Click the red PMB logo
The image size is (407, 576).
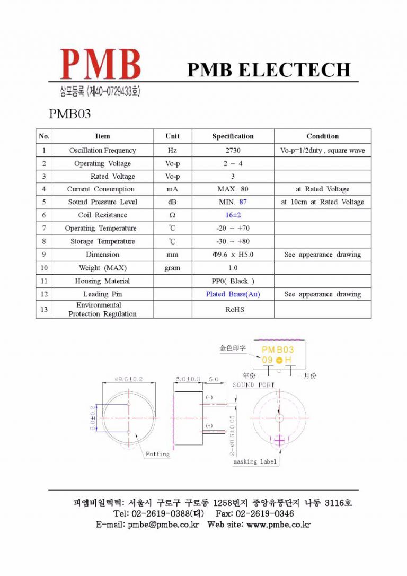click(x=100, y=65)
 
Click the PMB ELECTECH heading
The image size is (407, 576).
click(x=269, y=69)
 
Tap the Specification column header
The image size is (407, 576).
click(x=233, y=136)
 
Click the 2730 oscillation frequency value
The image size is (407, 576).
click(x=233, y=151)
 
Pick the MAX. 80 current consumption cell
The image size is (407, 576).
click(x=233, y=189)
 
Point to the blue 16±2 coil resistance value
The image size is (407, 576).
click(x=233, y=215)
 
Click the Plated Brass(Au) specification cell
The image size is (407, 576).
click(x=233, y=294)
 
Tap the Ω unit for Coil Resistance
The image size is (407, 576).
click(x=172, y=215)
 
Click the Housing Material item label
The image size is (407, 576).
click(x=102, y=281)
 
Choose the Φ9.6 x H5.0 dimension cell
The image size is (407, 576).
click(x=233, y=255)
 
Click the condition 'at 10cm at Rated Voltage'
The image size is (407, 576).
click(x=322, y=202)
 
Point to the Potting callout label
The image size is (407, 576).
click(x=157, y=454)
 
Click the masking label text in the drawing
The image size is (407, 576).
click(x=255, y=462)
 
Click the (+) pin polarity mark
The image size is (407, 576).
click(x=209, y=426)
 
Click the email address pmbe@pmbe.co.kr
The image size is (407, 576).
click(x=163, y=525)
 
